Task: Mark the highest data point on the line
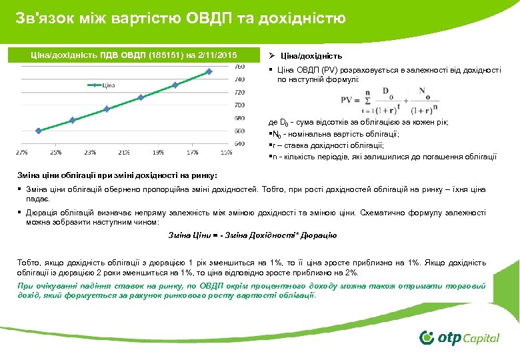(x=209, y=71)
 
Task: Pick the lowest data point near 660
(x=39, y=131)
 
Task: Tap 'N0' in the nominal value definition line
(x=274, y=134)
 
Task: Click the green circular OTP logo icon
(x=427, y=337)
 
